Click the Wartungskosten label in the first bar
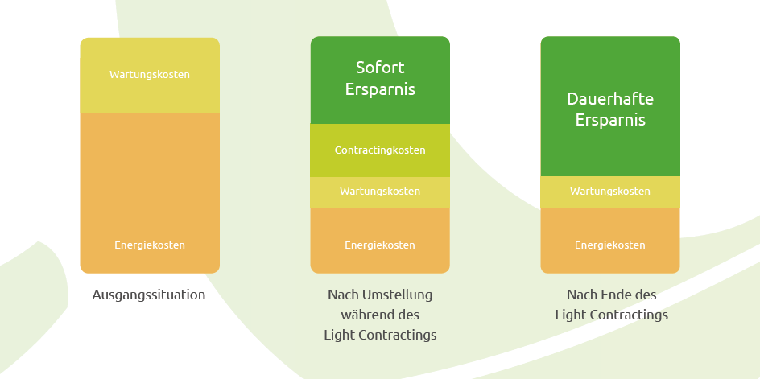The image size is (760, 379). (x=150, y=75)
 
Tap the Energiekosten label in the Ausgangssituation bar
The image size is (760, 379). (x=150, y=245)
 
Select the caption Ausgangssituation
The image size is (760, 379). (x=149, y=295)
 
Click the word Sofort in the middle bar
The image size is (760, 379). (x=380, y=68)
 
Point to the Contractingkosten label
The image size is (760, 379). (x=380, y=150)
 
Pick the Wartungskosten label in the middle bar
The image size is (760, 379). (x=380, y=192)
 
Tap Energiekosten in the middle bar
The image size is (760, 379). (x=380, y=245)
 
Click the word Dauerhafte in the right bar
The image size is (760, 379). (x=610, y=100)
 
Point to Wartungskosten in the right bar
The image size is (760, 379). (x=610, y=192)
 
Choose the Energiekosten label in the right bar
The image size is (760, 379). (x=610, y=245)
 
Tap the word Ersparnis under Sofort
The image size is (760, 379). (x=380, y=89)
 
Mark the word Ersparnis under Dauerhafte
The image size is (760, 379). (x=610, y=121)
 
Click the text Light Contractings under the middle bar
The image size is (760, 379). (x=380, y=335)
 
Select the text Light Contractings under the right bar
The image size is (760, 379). (x=611, y=315)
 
